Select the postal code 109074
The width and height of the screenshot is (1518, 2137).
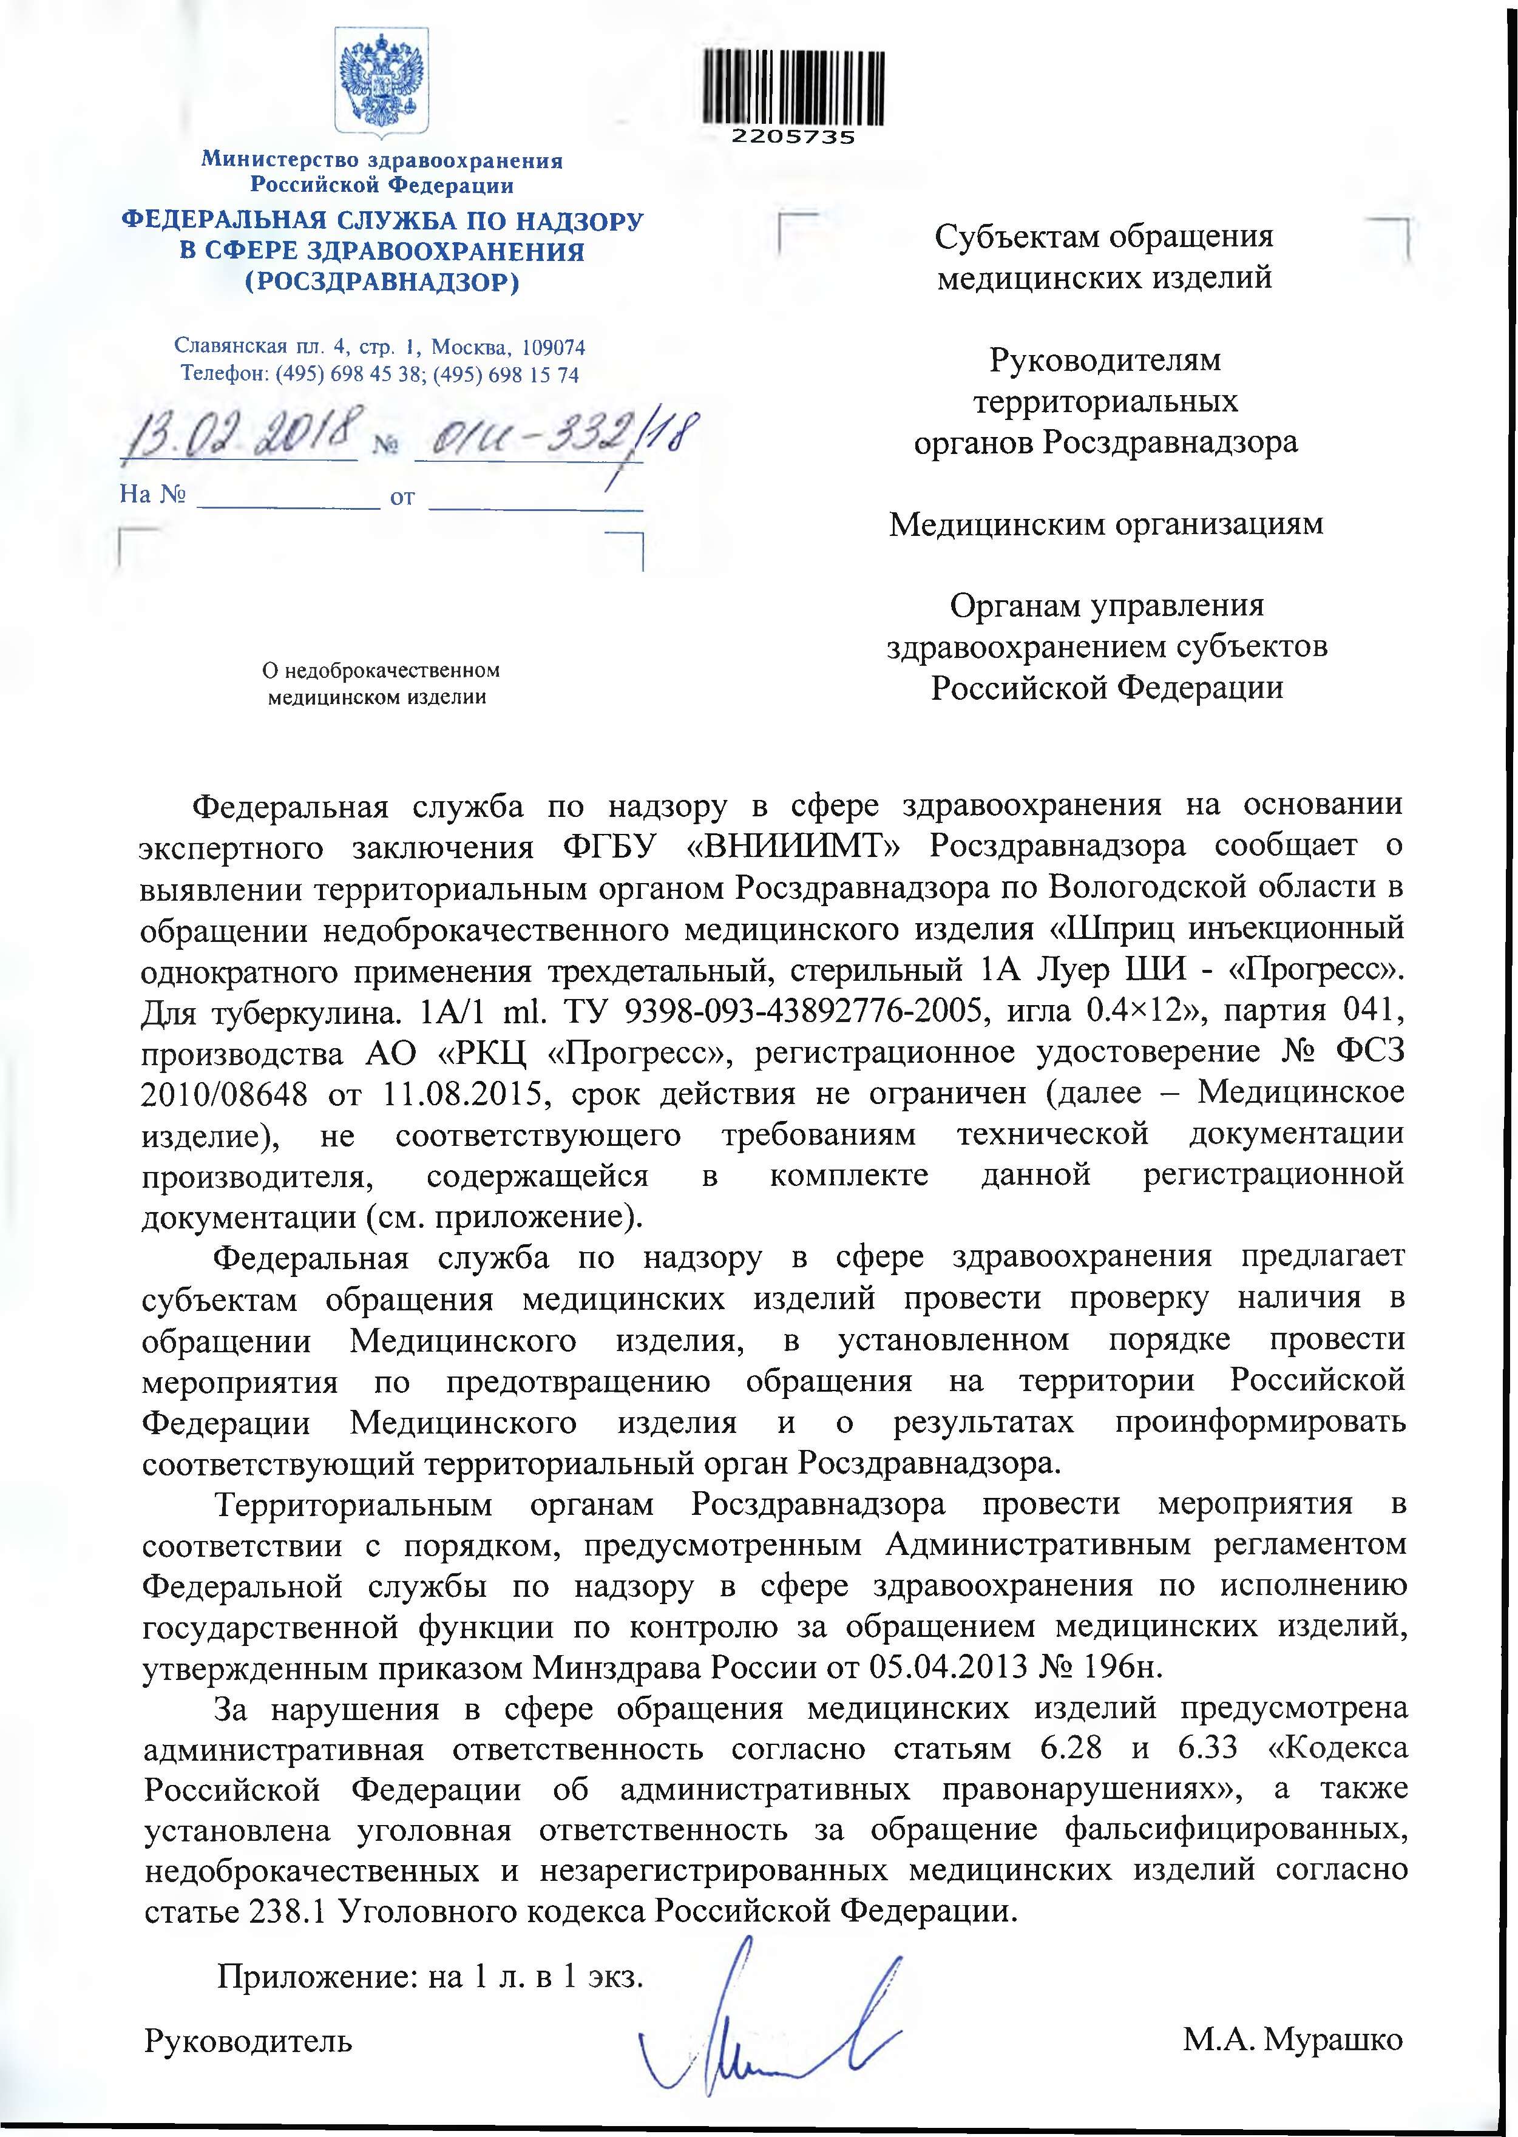(x=554, y=348)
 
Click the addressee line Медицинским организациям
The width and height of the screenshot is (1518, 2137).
(x=1106, y=524)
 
